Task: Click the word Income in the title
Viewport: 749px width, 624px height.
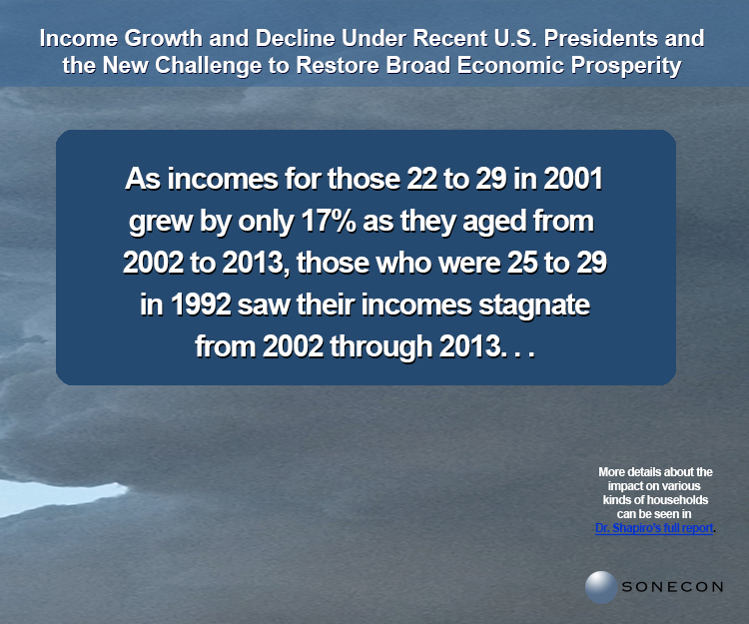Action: pos(78,38)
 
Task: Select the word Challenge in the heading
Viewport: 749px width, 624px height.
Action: pos(208,66)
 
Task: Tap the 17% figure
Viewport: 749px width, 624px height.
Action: pos(329,221)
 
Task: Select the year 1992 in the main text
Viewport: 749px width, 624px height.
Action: pos(201,305)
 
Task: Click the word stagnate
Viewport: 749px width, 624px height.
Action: pos(534,306)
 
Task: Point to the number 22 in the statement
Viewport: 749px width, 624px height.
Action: pos(422,179)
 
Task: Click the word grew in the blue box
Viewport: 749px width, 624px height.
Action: pos(161,222)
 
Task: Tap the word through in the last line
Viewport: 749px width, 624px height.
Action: pos(380,347)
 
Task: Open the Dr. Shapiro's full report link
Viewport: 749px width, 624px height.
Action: pos(654,528)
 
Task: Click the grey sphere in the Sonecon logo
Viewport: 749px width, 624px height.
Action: pos(601,587)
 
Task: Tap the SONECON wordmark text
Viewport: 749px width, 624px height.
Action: pos(672,587)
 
